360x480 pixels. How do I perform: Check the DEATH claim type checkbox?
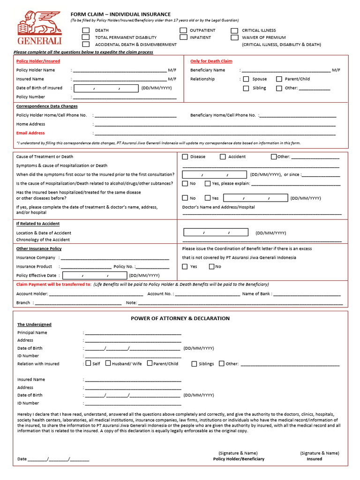click(x=86, y=30)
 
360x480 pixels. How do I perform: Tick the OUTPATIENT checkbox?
click(x=183, y=30)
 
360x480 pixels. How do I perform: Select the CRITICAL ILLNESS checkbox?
click(x=234, y=30)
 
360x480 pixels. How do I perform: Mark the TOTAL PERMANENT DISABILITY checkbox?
click(x=86, y=37)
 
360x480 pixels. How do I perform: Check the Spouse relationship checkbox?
click(x=246, y=79)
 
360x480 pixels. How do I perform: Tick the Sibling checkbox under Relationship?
click(x=246, y=88)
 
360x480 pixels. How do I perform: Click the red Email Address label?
click(x=30, y=133)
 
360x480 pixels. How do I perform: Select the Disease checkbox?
click(x=185, y=157)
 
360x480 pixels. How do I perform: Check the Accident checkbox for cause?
click(x=223, y=157)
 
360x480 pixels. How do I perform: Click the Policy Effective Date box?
click(x=94, y=276)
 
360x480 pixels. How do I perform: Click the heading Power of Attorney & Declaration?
click(x=180, y=318)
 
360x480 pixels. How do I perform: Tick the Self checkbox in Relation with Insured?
click(x=88, y=363)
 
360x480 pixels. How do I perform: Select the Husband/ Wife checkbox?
click(x=108, y=363)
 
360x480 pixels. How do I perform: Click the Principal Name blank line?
click(x=133, y=333)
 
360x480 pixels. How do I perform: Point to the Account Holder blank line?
click(x=96, y=294)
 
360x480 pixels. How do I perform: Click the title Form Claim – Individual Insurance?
click(x=120, y=15)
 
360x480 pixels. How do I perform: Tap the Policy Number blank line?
click(x=124, y=97)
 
